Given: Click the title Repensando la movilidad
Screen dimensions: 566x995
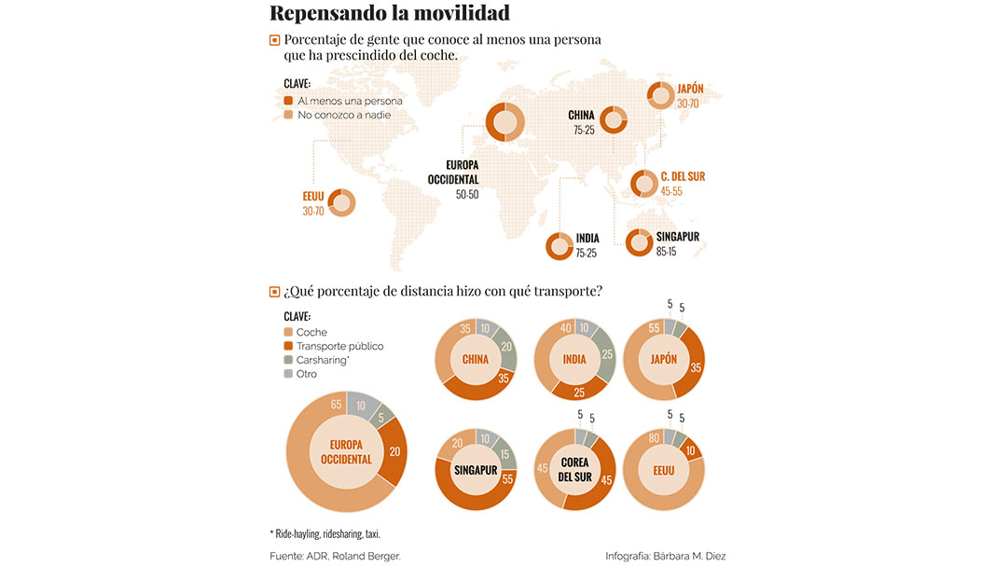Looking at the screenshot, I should click(x=389, y=13).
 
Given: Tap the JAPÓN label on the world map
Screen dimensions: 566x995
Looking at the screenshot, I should click(x=690, y=90).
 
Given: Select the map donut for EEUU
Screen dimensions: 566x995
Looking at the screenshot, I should click(x=340, y=202).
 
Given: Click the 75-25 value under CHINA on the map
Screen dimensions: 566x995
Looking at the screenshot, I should click(x=584, y=131).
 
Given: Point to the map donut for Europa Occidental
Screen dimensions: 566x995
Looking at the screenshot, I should click(x=504, y=122).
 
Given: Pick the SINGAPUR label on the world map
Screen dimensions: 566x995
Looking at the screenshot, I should click(x=677, y=237).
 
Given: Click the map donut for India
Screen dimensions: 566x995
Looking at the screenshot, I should click(x=560, y=246).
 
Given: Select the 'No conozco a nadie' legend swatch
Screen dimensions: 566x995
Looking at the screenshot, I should click(x=289, y=115).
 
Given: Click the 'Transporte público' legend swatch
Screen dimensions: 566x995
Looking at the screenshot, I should click(x=289, y=346).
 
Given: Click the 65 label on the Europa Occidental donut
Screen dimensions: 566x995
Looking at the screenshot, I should click(x=335, y=405).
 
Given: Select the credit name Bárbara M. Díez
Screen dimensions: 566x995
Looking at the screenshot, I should click(x=691, y=556).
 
